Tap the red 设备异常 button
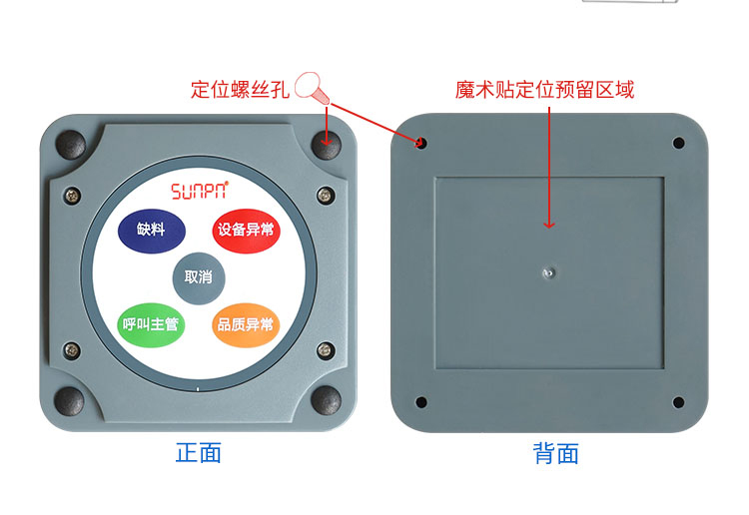[x=246, y=231]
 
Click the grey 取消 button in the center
[x=199, y=277]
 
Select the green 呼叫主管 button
[x=151, y=325]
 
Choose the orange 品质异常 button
[x=246, y=325]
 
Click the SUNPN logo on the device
[x=200, y=190]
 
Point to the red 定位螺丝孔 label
[x=241, y=89]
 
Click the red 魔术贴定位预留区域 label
[x=544, y=90]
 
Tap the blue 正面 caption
[x=199, y=452]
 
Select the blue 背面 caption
[x=555, y=453]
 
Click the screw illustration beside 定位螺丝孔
[x=311, y=88]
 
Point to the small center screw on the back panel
[x=548, y=273]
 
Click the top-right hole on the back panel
[x=678, y=143]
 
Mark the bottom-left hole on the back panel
[x=421, y=402]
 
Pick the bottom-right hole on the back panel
[x=678, y=402]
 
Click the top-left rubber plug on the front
[x=71, y=144]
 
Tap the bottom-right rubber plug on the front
[x=327, y=400]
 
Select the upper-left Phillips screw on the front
[x=72, y=195]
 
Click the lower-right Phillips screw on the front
[x=326, y=350]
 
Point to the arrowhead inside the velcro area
[x=549, y=225]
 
